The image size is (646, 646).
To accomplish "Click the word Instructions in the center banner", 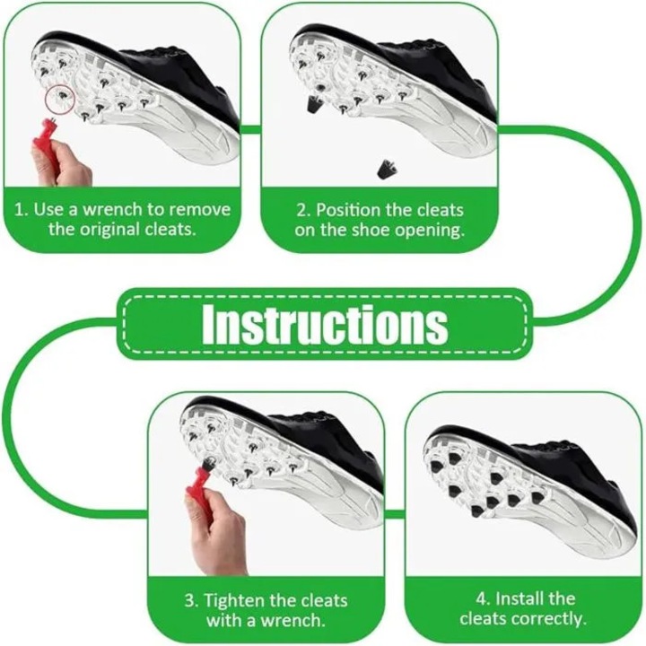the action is click(x=324, y=324).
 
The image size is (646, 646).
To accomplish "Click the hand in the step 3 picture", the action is click(x=218, y=531).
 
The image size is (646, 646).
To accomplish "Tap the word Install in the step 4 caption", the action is click(x=518, y=598).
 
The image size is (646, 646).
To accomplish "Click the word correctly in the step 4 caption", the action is click(x=552, y=619).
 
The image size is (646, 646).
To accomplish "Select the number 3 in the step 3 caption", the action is click(x=190, y=601).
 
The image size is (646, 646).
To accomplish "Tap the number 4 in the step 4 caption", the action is click(x=482, y=599).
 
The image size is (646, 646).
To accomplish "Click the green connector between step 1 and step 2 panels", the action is click(x=250, y=129).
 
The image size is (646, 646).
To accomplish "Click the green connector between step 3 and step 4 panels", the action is click(x=394, y=514).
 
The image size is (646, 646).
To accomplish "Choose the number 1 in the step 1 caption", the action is click(x=18, y=209).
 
